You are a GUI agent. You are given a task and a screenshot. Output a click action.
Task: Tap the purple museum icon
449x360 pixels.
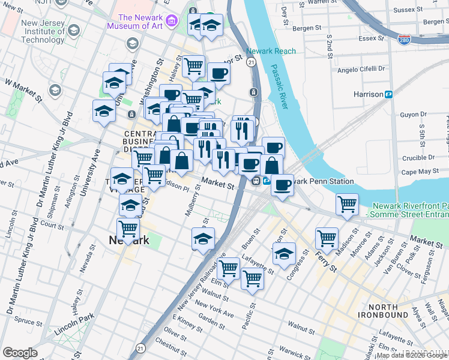172,22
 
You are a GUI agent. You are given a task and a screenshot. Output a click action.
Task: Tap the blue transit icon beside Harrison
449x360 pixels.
389,94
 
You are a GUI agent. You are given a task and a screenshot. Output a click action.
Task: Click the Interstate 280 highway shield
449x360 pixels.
405,39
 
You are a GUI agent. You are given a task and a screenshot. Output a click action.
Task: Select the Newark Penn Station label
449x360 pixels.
321,181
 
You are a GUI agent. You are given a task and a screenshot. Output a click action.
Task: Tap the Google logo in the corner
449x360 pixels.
20,353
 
